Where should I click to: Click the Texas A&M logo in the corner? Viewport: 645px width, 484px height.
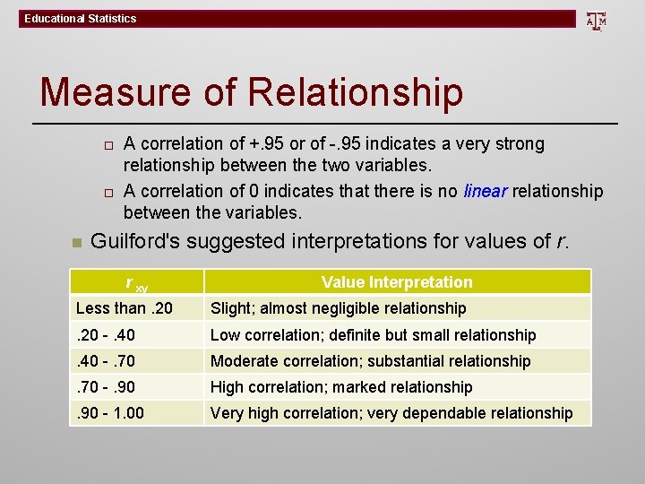coord(596,20)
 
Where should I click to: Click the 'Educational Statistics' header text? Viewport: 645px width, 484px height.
coord(81,18)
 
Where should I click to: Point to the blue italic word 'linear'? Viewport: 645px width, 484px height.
coord(486,191)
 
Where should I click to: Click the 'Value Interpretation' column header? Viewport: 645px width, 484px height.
coord(397,282)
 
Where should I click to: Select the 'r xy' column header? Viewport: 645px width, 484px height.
coord(136,283)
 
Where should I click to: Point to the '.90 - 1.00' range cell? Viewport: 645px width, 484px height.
coord(110,413)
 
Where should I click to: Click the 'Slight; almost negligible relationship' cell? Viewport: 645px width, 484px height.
coord(338,308)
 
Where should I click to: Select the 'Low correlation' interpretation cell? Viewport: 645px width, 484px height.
coord(373,335)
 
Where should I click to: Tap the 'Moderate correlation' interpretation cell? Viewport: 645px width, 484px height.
coord(370,361)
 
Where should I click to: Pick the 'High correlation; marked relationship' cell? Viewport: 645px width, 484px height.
coord(340,387)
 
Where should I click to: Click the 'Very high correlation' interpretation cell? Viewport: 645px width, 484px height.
coord(391,413)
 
